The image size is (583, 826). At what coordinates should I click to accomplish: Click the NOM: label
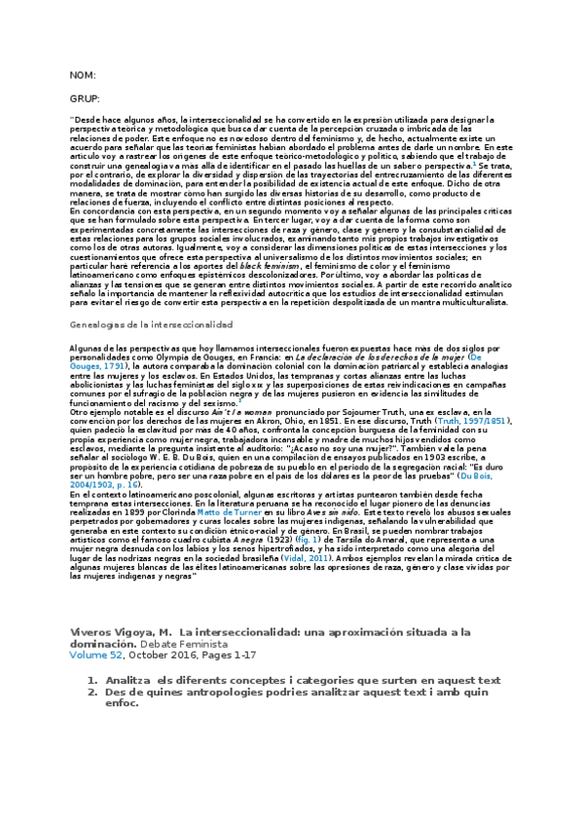82,75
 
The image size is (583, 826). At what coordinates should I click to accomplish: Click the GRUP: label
85,100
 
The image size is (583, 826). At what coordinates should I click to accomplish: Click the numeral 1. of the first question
91,679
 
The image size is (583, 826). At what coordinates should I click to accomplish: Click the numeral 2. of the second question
91,691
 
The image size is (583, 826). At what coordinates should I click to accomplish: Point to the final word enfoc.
124,702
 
